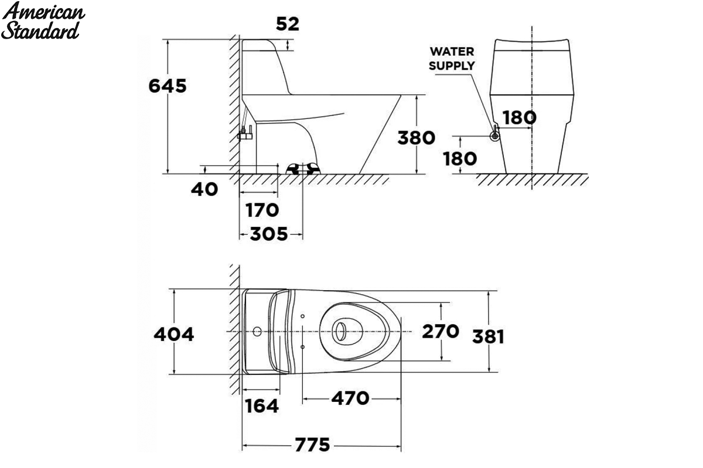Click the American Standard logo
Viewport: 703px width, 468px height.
click(x=43, y=20)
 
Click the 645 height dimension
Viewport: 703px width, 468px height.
click(x=168, y=86)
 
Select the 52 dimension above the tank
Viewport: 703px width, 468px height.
click(x=288, y=24)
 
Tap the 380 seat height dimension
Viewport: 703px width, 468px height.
click(x=416, y=138)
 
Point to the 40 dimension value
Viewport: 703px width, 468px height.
click(x=204, y=190)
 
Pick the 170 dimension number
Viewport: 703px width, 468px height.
click(x=262, y=210)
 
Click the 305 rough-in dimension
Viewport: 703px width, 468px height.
click(x=269, y=234)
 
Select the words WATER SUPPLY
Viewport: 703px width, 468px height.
click(x=452, y=58)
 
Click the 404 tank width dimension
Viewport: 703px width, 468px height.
click(x=173, y=334)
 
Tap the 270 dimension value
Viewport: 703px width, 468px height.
click(x=441, y=331)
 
